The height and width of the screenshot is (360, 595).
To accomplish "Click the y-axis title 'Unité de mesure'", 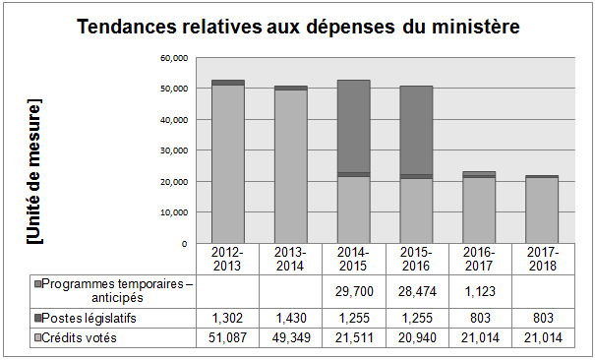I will click(x=35, y=171).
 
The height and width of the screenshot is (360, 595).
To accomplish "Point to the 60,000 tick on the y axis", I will click(x=173, y=58).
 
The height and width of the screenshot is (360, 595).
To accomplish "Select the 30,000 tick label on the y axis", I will click(x=173, y=150).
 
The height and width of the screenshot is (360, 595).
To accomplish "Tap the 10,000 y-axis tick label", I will click(x=173, y=212).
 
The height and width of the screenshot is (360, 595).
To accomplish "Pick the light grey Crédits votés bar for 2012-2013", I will click(x=228, y=164).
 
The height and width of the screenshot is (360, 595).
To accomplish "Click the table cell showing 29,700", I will click(x=353, y=293).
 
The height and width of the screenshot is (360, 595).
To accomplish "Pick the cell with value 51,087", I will click(x=228, y=339).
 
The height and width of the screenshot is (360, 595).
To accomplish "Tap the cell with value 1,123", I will click(x=479, y=293).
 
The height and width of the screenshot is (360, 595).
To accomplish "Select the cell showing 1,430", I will click(x=291, y=319).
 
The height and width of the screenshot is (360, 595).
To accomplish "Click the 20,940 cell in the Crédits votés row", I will click(x=416, y=339).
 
